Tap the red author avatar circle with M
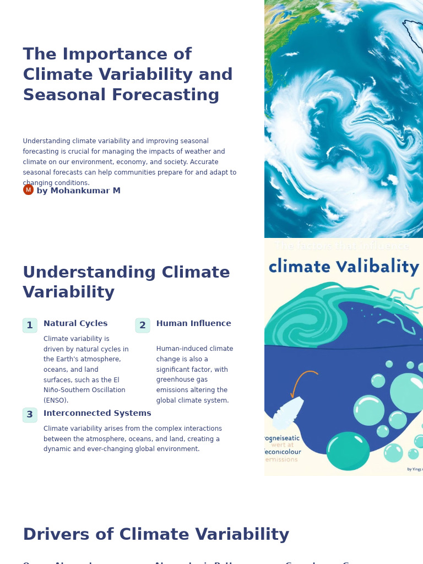(28, 190)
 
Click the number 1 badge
(30, 326)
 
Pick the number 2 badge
(143, 326)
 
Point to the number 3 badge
(30, 415)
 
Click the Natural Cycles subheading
(75, 324)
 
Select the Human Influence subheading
(193, 324)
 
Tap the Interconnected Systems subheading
(97, 414)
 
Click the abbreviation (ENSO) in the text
(56, 401)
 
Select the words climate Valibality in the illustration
(344, 267)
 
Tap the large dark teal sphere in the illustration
(348, 451)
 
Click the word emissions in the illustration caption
(281, 460)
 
